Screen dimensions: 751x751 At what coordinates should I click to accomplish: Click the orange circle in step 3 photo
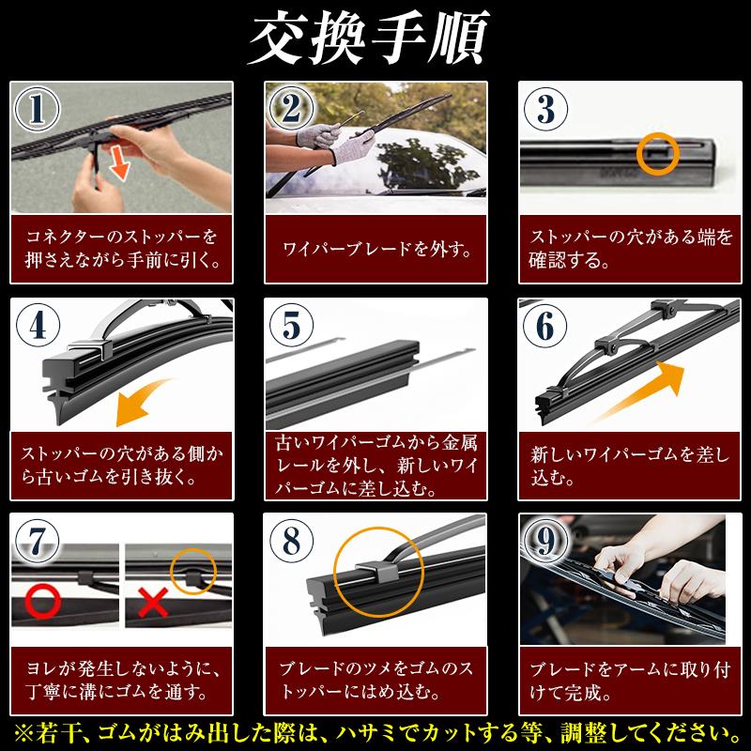[657, 150]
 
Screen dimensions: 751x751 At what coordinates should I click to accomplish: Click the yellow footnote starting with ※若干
[375, 731]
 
